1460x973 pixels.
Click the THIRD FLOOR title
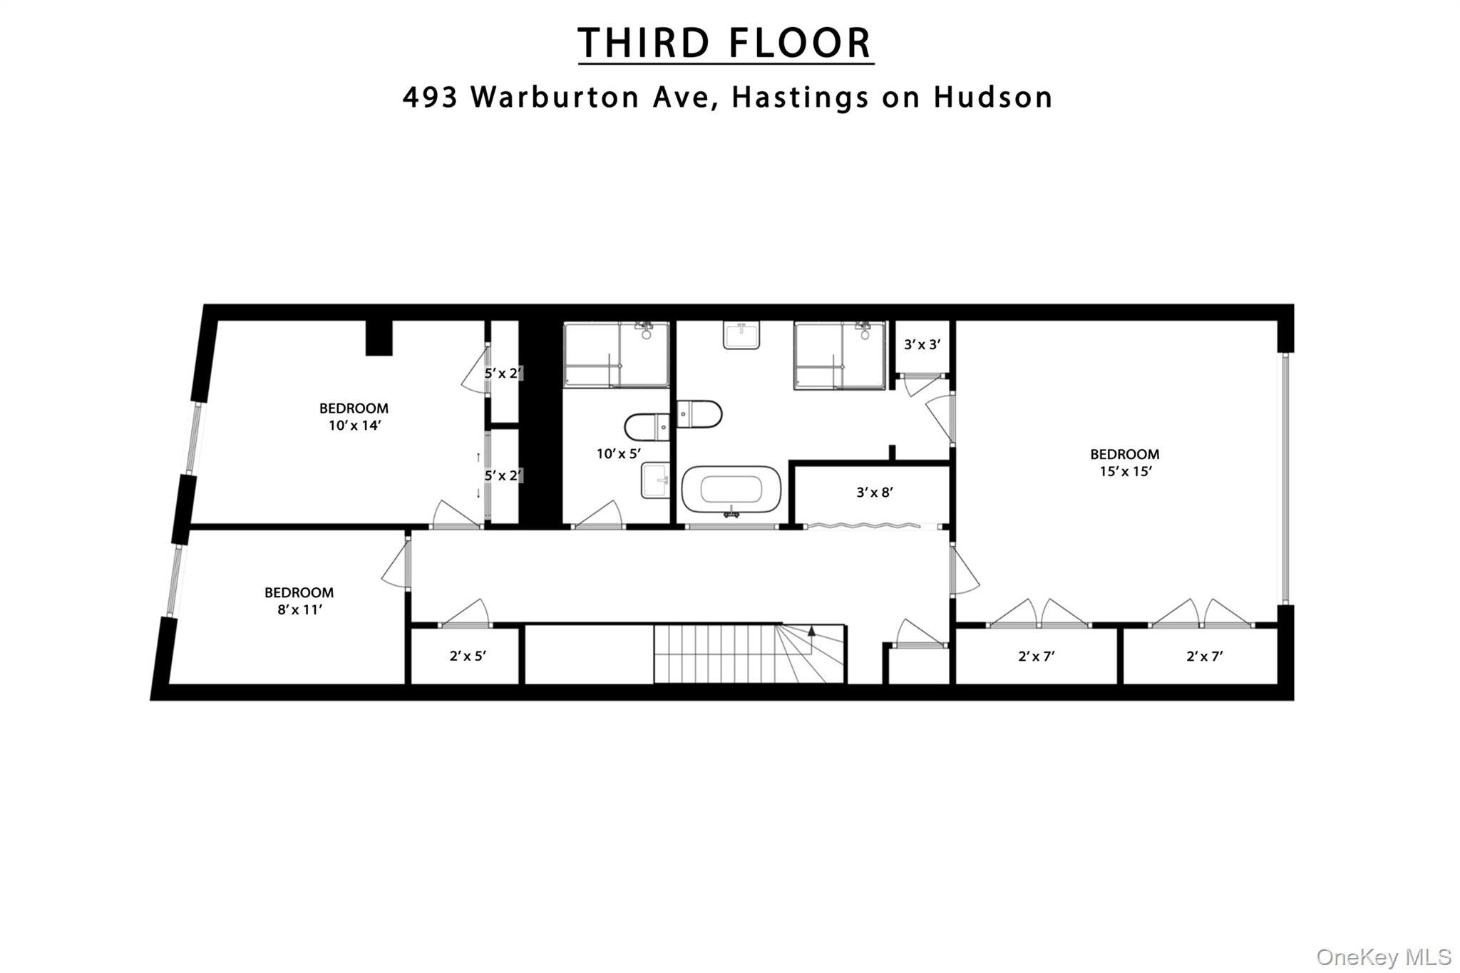pos(725,43)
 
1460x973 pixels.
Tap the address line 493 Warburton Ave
pos(727,98)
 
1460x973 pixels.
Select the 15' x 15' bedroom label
pos(1124,463)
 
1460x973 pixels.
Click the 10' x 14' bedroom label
pos(354,417)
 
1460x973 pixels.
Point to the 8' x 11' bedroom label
pos(299,601)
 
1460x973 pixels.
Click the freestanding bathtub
pos(731,490)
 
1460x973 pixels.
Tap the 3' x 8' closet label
pos(875,492)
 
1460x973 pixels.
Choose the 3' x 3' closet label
pos(922,345)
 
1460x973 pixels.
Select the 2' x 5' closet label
pos(468,656)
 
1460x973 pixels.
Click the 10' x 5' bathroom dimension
pos(618,453)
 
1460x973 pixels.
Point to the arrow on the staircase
pos(811,631)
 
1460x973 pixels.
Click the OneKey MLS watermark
pos(1384,957)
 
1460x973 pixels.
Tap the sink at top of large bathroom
pos(741,334)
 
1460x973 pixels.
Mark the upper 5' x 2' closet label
pos(503,373)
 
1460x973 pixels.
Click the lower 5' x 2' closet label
pos(503,475)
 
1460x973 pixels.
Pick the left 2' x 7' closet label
pos(1036,657)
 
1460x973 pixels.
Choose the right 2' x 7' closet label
pos(1204,657)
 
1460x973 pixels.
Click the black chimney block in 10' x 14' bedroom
pos(379,338)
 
